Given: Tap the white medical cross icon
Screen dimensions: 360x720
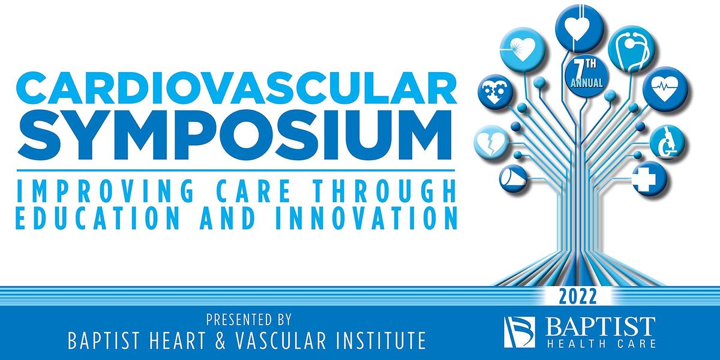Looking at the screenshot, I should click(648, 178).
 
